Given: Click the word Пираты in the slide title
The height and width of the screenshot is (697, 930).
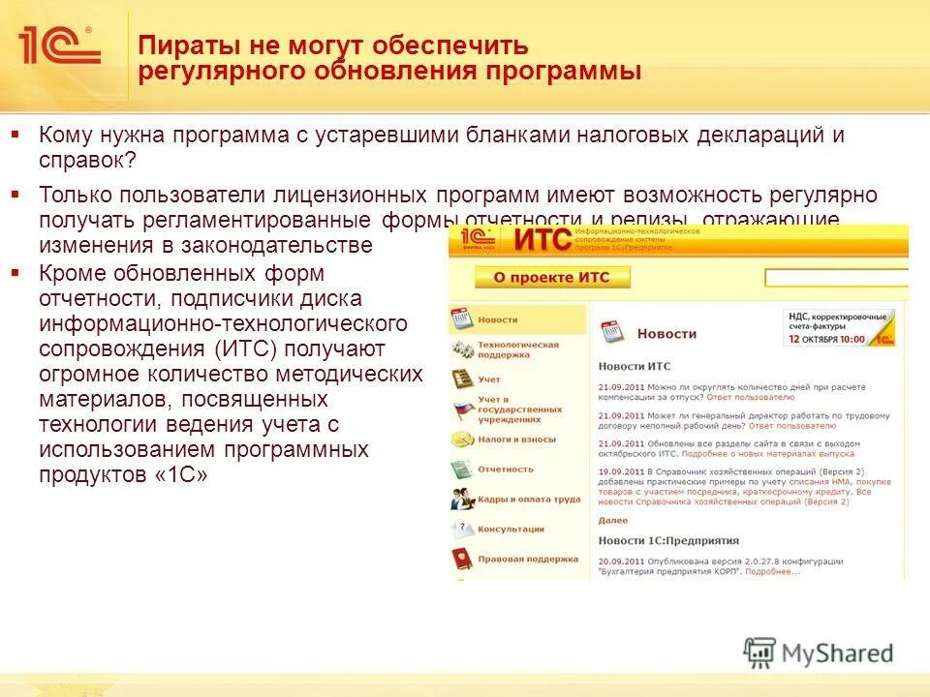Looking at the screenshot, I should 183,45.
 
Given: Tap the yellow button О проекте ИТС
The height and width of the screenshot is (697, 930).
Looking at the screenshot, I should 551,278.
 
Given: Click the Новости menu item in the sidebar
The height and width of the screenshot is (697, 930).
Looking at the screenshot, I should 498,319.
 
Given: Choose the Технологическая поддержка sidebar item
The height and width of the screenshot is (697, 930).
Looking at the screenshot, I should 517,349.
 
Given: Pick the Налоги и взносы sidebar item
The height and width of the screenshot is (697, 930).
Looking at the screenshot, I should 516,439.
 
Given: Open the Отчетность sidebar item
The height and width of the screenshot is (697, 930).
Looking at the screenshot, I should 505,470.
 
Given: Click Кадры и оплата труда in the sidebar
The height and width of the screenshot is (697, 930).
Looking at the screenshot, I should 528,500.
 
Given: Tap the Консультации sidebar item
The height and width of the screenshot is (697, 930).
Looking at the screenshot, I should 511,530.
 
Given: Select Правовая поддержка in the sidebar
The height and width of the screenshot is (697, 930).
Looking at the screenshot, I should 527,559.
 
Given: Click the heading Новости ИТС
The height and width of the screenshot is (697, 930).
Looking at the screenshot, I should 634,366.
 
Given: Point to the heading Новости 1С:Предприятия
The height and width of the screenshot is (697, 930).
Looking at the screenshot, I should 668,540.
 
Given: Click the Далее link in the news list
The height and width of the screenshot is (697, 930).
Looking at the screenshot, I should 612,520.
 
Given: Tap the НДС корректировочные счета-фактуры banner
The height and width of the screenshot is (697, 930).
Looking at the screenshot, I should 838,327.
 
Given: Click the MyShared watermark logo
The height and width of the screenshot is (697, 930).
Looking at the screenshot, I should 819,652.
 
